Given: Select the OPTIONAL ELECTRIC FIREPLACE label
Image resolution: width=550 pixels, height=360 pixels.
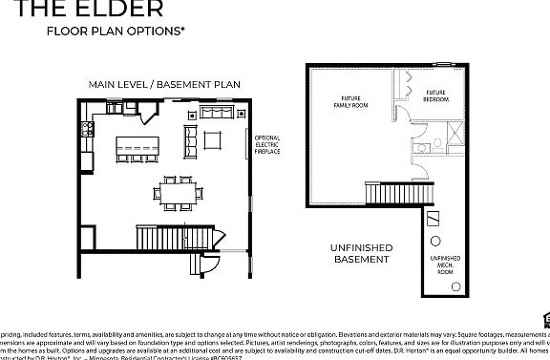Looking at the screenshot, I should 267,144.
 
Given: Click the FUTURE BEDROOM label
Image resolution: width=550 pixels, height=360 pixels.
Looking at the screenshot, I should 436,96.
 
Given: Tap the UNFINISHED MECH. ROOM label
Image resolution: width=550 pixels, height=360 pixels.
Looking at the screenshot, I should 444,263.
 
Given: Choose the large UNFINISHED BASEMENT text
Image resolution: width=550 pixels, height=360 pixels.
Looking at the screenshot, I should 361,253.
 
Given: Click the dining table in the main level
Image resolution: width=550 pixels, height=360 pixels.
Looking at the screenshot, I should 179,194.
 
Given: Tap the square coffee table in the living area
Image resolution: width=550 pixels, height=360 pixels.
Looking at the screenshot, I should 213,141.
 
